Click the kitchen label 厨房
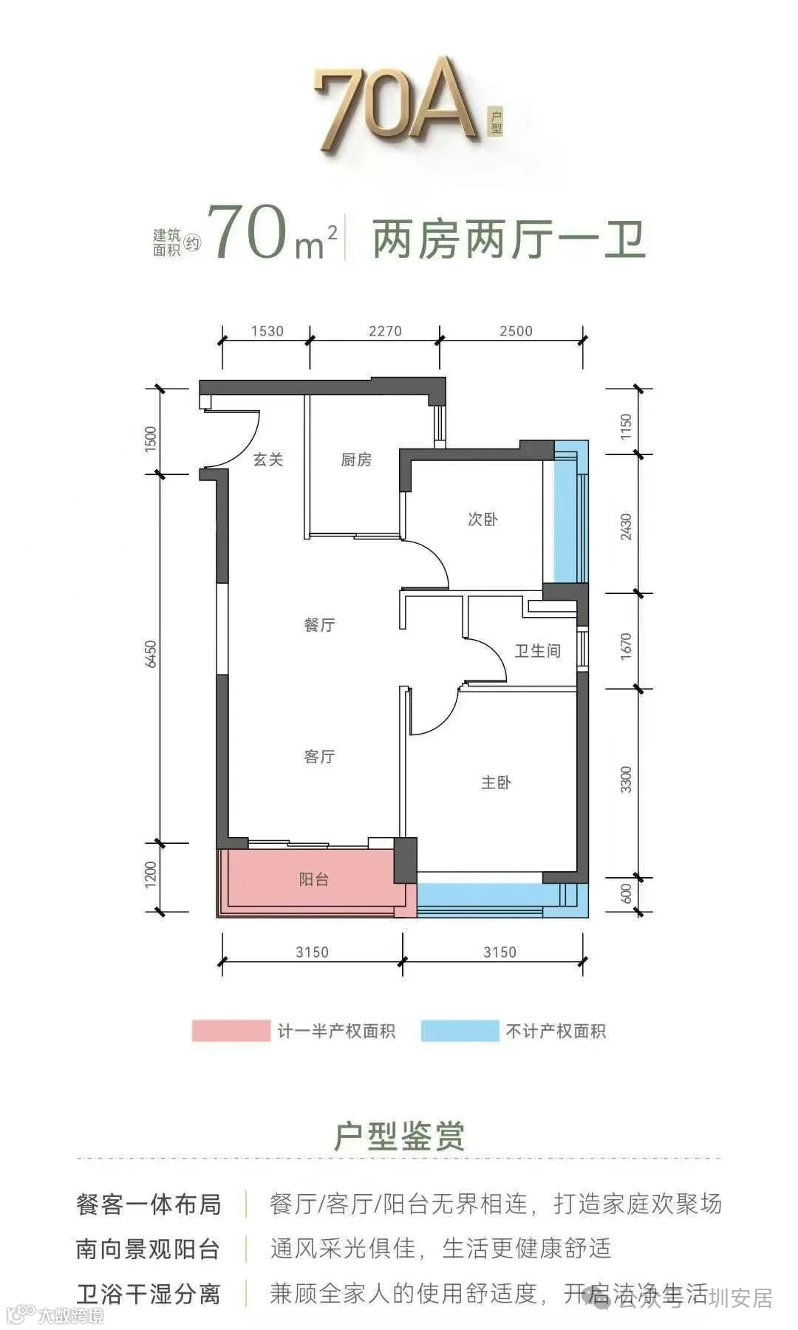(x=355, y=460)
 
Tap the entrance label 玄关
(x=268, y=460)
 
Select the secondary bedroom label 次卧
(x=482, y=519)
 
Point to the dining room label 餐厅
(x=319, y=625)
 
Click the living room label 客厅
(x=319, y=757)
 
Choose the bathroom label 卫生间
(x=537, y=651)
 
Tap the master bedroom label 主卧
(x=496, y=782)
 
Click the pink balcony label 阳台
(x=314, y=879)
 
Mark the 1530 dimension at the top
(x=267, y=331)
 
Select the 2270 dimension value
(x=385, y=331)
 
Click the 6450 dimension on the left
(x=151, y=654)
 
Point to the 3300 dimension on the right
(x=627, y=780)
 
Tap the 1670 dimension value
(x=627, y=647)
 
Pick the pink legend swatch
(x=231, y=1031)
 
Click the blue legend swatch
(x=460, y=1031)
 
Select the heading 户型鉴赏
(x=399, y=1136)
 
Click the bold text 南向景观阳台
(x=148, y=1249)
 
